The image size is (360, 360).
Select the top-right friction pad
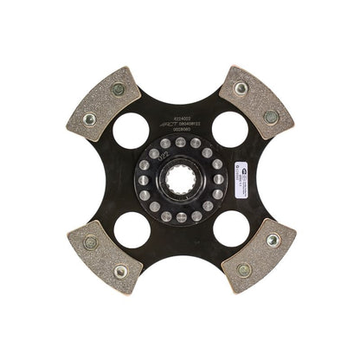coord(256,102)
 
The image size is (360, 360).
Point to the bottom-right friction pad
coord(256,256)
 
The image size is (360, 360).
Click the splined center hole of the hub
coord(180,180)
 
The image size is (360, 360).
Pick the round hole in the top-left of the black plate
coord(130,129)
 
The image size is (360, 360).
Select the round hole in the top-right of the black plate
coord(229,129)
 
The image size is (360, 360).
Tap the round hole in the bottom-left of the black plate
coord(130,229)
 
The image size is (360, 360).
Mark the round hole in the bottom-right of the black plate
coord(229,229)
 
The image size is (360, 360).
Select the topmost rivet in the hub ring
coord(180,142)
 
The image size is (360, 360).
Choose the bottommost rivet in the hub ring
coord(180,218)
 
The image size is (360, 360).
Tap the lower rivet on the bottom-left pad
coord(119,271)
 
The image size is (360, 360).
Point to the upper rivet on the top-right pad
coord(241,88)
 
